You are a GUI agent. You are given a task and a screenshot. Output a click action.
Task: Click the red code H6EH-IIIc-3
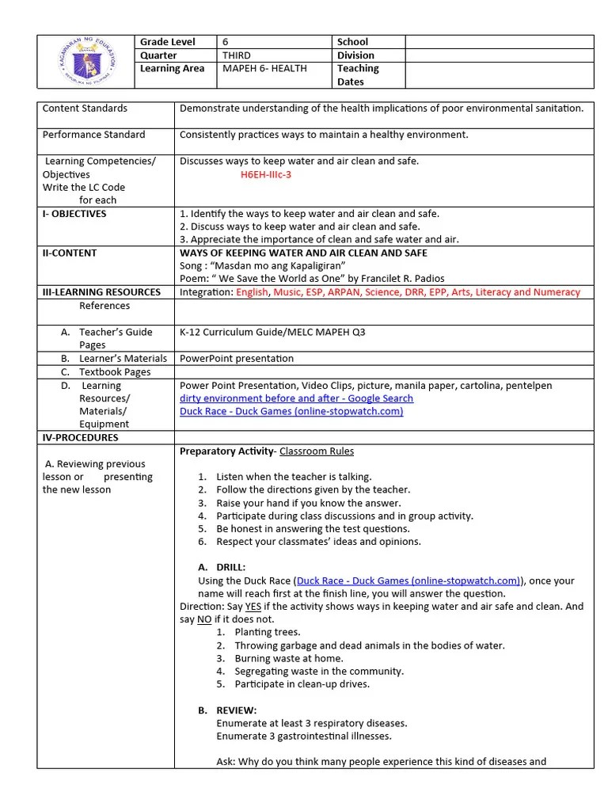[x=265, y=174]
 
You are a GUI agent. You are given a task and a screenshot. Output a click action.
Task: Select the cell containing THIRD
[x=237, y=55]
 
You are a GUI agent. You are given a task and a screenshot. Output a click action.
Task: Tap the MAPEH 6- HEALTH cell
[x=264, y=69]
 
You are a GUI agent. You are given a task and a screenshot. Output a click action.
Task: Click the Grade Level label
[x=167, y=42]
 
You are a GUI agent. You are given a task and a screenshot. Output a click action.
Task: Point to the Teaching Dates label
[x=358, y=75]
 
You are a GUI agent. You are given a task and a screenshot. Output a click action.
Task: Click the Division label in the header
[x=355, y=55]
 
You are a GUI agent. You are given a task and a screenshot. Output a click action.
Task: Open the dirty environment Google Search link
[x=296, y=398]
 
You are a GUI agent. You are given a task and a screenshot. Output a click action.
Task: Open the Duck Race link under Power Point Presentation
[x=291, y=411]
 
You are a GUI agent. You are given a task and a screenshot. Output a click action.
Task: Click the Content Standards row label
[x=85, y=109]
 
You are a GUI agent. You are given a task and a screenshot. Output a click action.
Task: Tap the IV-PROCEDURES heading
[x=80, y=437]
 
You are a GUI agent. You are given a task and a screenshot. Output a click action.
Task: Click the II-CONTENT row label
[x=70, y=253]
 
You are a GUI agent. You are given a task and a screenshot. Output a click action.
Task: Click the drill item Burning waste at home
[x=288, y=658]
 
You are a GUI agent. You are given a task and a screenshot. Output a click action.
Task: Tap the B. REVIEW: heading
[x=227, y=710]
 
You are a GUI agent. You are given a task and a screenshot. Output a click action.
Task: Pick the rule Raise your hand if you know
[x=308, y=503]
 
